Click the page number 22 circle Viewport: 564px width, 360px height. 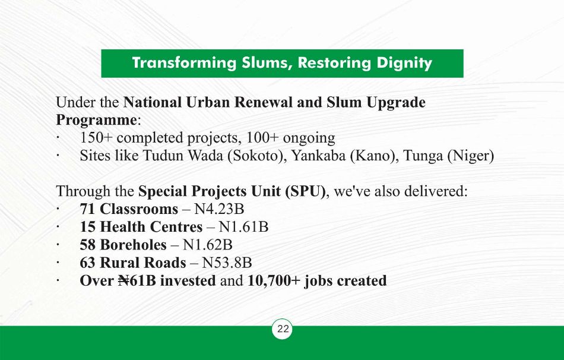tap(283, 329)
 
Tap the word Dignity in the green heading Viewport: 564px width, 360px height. tap(404, 63)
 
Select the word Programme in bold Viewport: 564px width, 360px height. tap(96, 120)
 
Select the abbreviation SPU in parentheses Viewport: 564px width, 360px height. tap(305, 191)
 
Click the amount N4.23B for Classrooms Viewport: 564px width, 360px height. tap(219, 209)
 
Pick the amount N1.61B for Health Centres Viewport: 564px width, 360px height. tap(243, 227)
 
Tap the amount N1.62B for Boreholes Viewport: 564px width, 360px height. tap(208, 245)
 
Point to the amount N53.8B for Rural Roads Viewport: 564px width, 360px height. tap(227, 263)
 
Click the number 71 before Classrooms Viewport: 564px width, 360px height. tap(87, 209)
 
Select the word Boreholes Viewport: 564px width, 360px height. tap(134, 245)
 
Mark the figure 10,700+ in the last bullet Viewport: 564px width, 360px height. tap(274, 281)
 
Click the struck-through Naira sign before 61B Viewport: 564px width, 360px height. tap(123, 281)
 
